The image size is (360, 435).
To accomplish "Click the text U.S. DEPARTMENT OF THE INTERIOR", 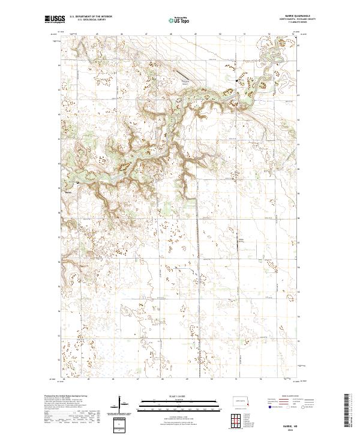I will click(94, 16).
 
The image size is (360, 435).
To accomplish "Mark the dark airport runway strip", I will click(179, 75).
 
